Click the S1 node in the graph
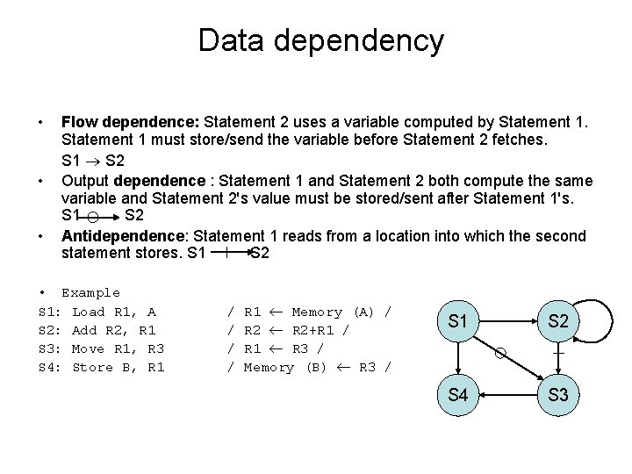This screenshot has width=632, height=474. tap(457, 321)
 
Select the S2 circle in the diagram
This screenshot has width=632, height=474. tap(557, 321)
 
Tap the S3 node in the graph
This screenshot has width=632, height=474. tap(557, 395)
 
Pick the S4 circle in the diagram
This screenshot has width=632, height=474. tap(457, 395)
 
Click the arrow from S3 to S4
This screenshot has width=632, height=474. tap(507, 395)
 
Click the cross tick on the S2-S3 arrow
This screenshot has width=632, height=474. tap(557, 354)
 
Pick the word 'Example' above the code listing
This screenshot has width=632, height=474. tap(90, 292)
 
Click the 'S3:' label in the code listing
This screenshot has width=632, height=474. tap(50, 348)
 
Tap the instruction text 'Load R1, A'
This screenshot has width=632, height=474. tap(114, 312)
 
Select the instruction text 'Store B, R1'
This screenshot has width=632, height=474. tap(118, 367)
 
